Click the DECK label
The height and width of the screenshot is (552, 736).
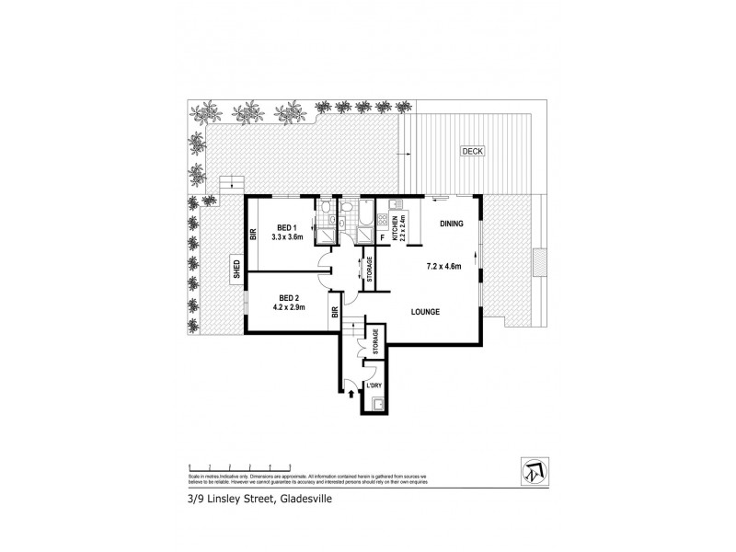[473, 151]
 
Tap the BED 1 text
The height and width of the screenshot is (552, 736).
[286, 227]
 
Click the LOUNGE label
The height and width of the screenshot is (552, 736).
[425, 312]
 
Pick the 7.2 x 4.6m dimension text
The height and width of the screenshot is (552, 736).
[443, 268]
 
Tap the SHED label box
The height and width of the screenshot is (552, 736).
[236, 269]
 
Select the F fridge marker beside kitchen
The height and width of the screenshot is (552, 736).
[382, 236]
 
